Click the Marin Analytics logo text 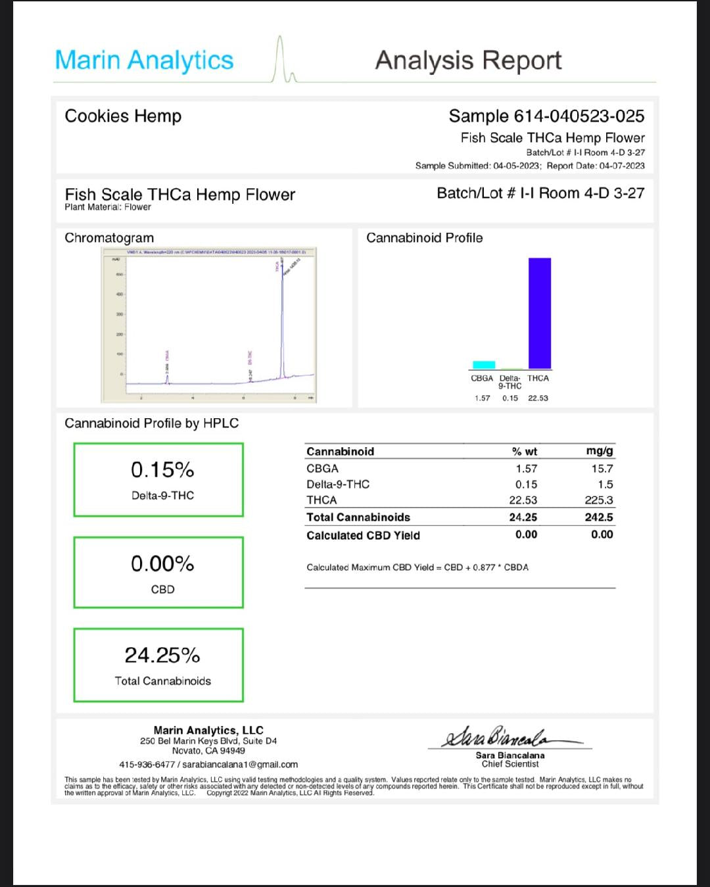144,60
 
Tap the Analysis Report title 468,60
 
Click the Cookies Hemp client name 123,116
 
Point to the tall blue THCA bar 540,313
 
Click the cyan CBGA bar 484,365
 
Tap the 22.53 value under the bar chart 538,398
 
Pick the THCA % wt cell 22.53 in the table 523,500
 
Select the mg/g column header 599,451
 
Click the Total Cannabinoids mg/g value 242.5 598,517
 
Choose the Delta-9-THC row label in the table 338,485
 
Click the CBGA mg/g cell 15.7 602,469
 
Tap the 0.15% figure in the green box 162,469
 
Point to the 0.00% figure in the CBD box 162,563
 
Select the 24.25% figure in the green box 162,655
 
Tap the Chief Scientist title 510,764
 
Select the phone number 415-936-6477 147,765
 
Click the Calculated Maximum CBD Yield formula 417,567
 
